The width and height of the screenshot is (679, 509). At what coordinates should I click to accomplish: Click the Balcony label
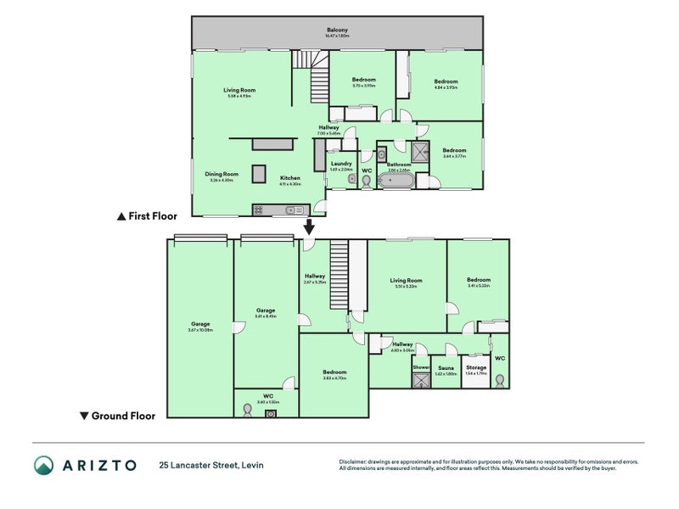click(337, 30)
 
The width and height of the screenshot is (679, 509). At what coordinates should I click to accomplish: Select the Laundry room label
click(341, 163)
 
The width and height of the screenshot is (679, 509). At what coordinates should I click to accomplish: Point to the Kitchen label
click(290, 178)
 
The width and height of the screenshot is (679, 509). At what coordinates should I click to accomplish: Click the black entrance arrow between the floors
click(309, 227)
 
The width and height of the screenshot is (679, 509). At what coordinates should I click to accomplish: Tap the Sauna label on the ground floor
click(446, 367)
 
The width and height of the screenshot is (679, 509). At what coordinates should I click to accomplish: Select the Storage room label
click(476, 367)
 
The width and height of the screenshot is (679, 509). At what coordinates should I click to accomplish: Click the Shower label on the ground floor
click(421, 367)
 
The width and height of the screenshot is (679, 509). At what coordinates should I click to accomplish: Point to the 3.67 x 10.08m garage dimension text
click(200, 329)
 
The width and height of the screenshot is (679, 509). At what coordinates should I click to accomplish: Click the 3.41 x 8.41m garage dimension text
click(267, 316)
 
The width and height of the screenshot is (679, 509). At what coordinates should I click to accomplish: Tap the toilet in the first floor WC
click(367, 181)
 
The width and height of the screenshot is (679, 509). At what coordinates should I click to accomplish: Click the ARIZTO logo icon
click(44, 465)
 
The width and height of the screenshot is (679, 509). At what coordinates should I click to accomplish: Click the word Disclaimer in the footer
click(353, 461)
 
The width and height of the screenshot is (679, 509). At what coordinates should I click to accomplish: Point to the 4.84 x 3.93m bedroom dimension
click(446, 86)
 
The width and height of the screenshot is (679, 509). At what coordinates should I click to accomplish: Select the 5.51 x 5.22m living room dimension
click(406, 287)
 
